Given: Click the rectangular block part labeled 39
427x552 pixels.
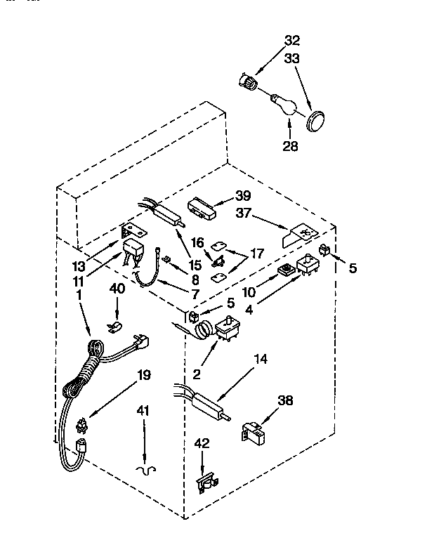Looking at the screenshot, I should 202,209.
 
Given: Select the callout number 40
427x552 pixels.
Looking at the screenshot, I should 117,289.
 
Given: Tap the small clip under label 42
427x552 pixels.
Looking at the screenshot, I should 204,482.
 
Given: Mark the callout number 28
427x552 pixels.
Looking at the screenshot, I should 289,146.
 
